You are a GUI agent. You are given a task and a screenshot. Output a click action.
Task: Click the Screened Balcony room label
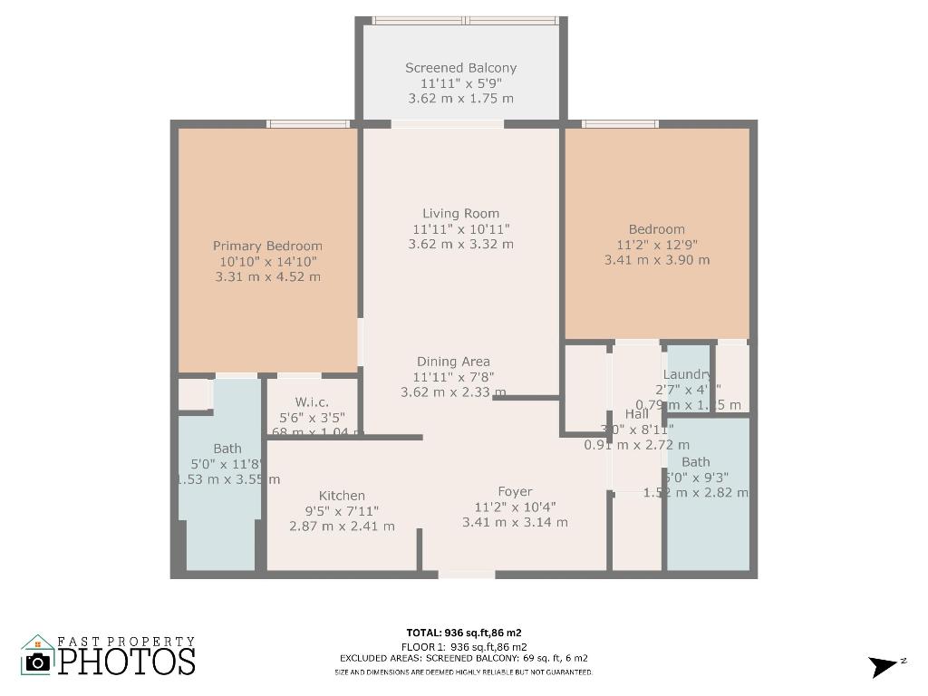point(460,68)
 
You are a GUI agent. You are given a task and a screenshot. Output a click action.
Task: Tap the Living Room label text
point(460,214)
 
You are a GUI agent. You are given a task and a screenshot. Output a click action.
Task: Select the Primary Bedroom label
point(267,246)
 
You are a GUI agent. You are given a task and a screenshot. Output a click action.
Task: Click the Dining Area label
point(453,362)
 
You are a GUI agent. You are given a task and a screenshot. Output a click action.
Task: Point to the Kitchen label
point(342,496)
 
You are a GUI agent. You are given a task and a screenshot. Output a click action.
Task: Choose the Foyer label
point(515,492)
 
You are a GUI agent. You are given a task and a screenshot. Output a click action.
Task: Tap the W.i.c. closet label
point(312,402)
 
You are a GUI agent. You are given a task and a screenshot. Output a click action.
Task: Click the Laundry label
point(687,375)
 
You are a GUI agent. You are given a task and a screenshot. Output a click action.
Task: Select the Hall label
point(636,414)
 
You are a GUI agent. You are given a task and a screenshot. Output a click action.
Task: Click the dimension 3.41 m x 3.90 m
point(657,260)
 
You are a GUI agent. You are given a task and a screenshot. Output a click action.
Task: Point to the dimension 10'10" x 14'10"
point(267,261)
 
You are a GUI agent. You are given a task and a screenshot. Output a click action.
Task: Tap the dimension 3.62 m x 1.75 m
point(460,98)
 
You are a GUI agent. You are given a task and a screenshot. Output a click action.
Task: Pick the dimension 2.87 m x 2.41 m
point(342,526)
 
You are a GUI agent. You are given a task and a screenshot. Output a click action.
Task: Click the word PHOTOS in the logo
point(127,661)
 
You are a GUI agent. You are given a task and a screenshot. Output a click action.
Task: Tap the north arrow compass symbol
point(884,666)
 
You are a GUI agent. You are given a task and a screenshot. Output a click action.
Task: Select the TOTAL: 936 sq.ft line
point(463,633)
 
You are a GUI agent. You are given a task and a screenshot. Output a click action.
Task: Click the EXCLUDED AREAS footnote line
point(463,658)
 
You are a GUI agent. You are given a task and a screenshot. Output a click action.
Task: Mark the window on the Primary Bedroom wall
point(308,124)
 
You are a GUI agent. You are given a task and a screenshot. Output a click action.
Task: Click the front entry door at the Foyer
point(467,574)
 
